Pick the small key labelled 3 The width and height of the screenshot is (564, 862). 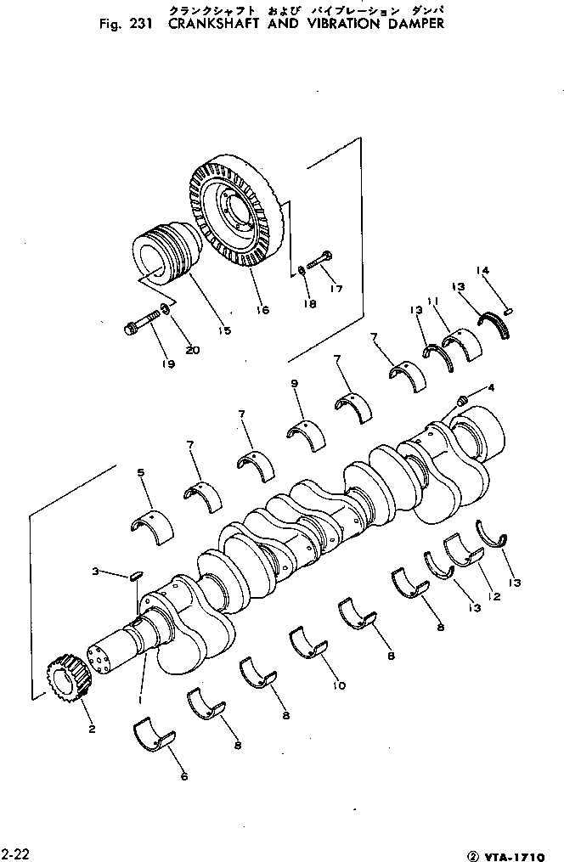tap(134, 577)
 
